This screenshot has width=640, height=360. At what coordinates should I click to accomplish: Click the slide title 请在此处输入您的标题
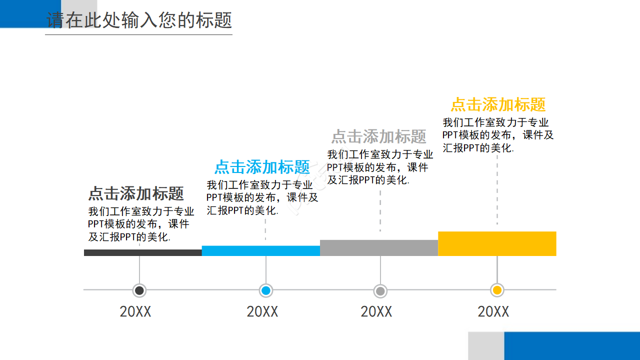pos(139,20)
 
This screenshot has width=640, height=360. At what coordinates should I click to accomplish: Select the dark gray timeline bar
pos(143,252)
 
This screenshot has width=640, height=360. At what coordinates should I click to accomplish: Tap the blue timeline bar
pos(261,250)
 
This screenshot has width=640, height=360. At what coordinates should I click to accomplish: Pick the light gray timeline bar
pos(379,247)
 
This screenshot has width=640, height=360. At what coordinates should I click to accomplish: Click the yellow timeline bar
pos(497,243)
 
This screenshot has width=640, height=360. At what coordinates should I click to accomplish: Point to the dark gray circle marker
pos(139,290)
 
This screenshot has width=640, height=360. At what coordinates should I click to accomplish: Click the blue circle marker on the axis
pos(266,290)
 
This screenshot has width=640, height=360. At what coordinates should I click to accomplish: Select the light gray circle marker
pos(380,290)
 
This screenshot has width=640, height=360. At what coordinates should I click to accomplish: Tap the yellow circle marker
pos(497,290)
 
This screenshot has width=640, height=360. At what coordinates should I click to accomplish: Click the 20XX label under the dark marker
pos(135,312)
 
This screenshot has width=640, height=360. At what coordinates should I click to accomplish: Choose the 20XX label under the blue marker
pos(262,312)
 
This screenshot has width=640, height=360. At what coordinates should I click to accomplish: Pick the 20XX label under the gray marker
pos(376,312)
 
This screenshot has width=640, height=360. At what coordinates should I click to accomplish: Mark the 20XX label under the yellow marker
pos(493,312)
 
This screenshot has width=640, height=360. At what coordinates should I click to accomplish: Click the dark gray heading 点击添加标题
pos(136,193)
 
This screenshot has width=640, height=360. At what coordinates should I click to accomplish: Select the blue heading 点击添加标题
pos(262,166)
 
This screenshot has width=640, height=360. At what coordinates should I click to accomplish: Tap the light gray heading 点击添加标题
pos(378,136)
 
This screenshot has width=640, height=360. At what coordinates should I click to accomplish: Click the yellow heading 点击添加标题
pos(498,104)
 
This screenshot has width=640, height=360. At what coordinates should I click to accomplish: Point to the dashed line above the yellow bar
pos(497,190)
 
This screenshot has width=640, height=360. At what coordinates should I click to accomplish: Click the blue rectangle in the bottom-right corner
pos(572,345)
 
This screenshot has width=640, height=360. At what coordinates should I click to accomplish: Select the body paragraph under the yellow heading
pos(498,135)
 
